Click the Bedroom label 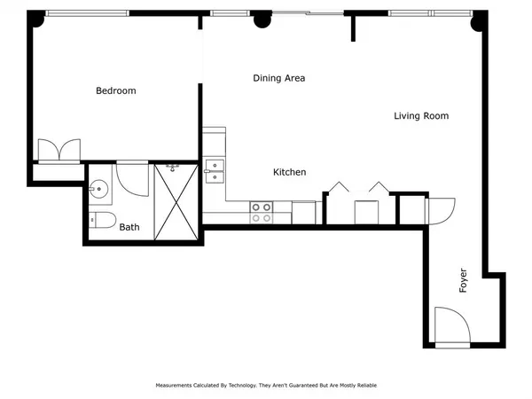(x=115, y=90)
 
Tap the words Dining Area (x=279, y=78)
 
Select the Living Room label (x=421, y=116)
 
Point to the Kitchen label (x=289, y=172)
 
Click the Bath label (x=129, y=227)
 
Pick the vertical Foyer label (x=463, y=280)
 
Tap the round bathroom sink (x=98, y=188)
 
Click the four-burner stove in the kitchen (x=261, y=212)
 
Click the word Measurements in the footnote (x=176, y=386)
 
